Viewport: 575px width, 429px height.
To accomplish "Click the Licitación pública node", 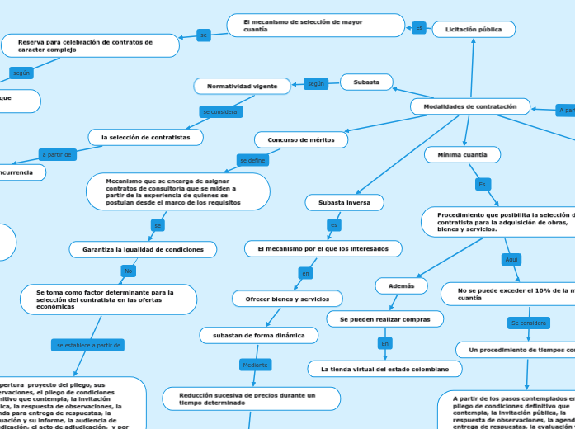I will tap(474, 30).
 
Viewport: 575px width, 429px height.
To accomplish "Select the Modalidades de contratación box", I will tap(470, 106).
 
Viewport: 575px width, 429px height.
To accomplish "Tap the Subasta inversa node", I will tap(344, 202).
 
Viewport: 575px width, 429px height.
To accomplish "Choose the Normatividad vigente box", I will tap(242, 86).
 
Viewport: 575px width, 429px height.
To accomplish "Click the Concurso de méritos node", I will tap(301, 140).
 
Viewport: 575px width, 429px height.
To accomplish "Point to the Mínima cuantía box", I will tap(462, 154).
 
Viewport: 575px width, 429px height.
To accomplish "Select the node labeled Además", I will tap(401, 285).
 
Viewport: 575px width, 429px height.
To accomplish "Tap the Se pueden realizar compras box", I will tap(385, 318).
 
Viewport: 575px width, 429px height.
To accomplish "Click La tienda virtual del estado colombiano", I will tap(384, 369).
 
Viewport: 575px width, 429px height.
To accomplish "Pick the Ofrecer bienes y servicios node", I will tap(287, 299).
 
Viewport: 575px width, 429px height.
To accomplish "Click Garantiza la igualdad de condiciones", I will tap(143, 249).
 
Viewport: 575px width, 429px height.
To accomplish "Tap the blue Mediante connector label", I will tap(253, 365).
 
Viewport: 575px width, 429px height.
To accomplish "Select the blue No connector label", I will tap(128, 271).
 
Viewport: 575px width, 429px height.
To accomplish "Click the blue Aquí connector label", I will tap(511, 260).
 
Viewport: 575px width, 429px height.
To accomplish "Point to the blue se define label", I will tap(252, 160).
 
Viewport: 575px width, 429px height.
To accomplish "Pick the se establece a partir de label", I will tap(87, 345).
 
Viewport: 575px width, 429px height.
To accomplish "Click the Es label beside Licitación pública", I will tap(419, 28).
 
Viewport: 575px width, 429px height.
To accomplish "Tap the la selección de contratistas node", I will tap(145, 137).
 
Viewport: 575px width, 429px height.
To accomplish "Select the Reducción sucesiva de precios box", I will tap(251, 398).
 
